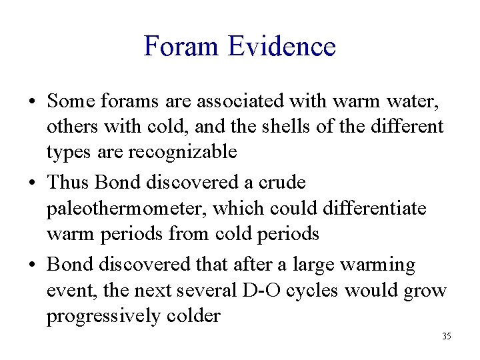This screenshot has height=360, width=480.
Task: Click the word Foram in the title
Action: coord(181,47)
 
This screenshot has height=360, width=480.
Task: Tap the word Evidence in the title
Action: coord(281,47)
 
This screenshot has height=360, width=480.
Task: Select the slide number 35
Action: coord(446,336)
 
